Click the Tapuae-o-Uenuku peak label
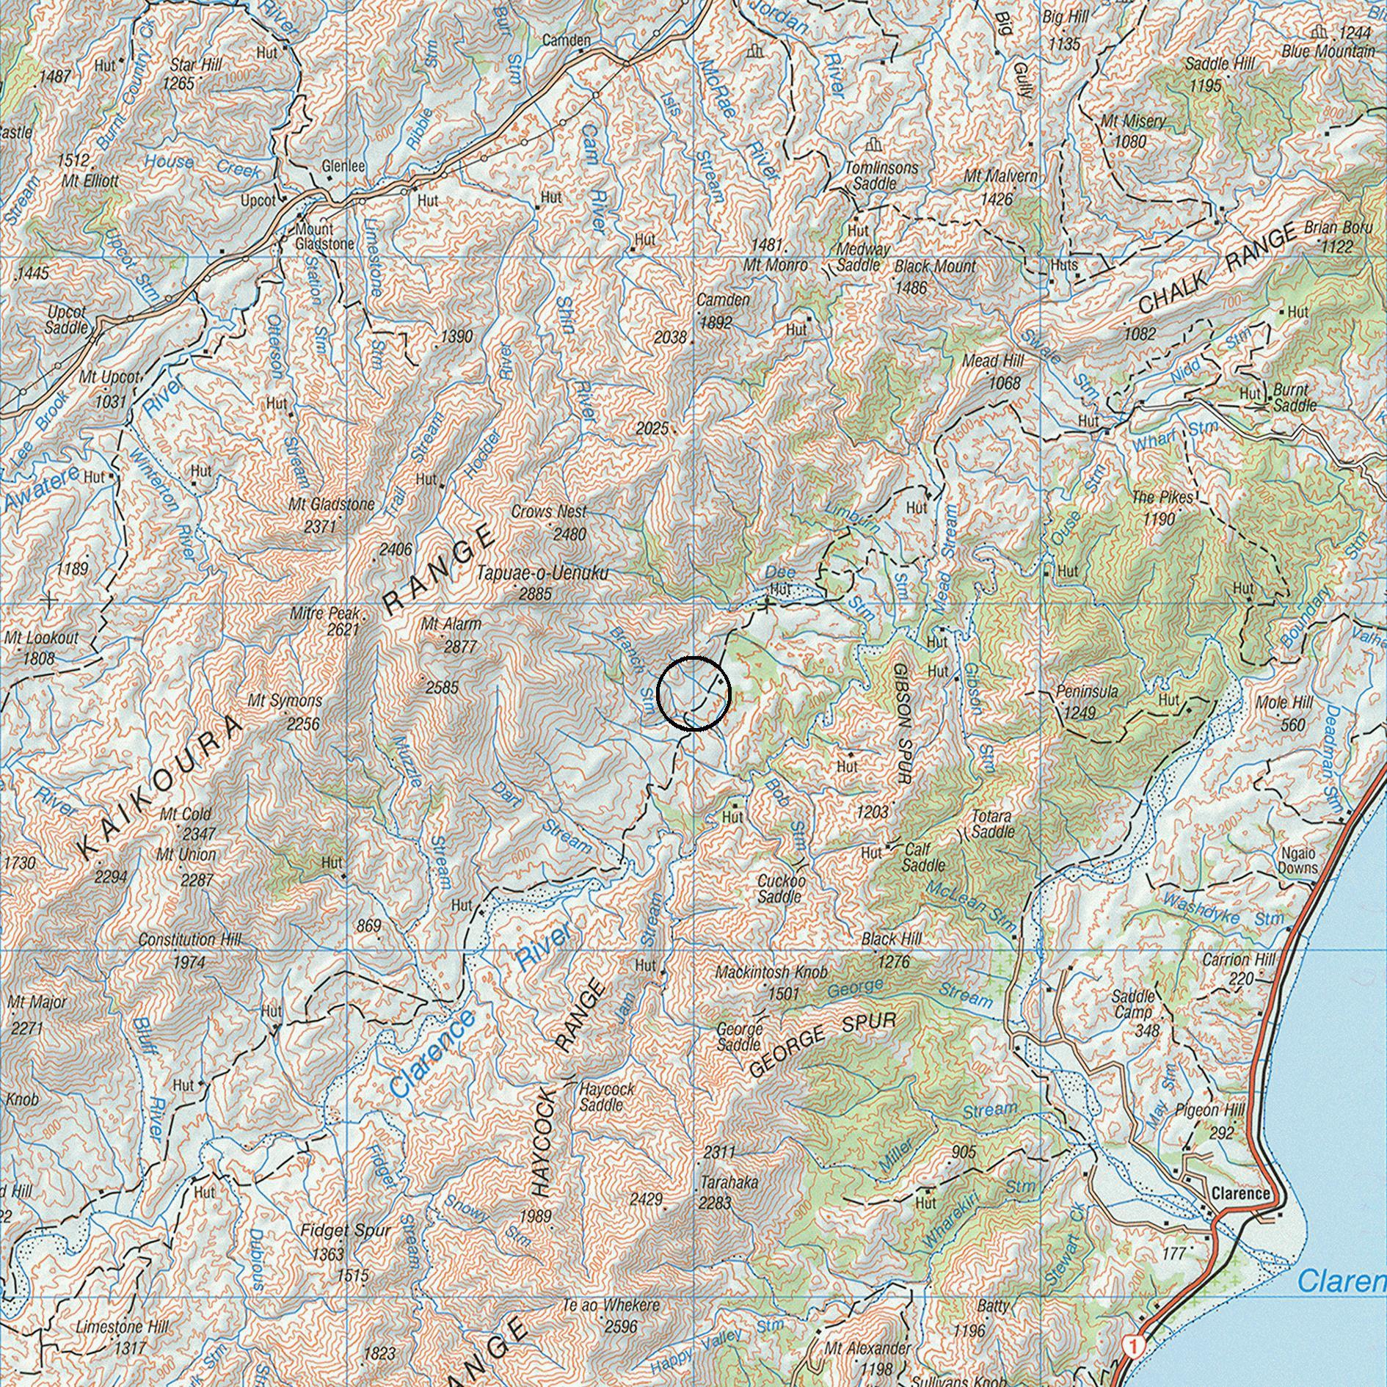(x=542, y=573)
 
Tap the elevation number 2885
(x=535, y=594)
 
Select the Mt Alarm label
(x=451, y=625)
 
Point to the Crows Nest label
(x=549, y=512)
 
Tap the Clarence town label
(x=1241, y=1194)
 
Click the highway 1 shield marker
(x=1135, y=1346)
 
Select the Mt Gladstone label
(x=331, y=505)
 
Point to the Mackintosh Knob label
(x=771, y=972)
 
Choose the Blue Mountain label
(x=1328, y=51)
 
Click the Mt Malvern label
(x=1001, y=177)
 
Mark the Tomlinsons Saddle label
(x=881, y=175)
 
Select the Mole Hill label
(x=1284, y=703)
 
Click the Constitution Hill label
(x=189, y=940)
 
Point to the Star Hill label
(x=196, y=65)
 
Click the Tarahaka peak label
(x=729, y=1183)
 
